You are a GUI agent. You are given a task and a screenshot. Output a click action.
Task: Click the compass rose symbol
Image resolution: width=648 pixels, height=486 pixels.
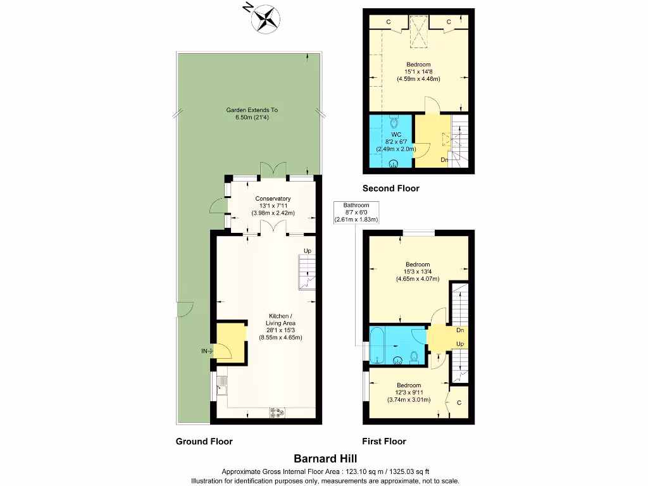266,17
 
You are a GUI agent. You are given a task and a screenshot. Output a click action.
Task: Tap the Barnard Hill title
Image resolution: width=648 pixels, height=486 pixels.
323,458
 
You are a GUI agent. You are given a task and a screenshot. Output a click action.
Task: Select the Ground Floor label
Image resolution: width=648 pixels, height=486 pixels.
204,442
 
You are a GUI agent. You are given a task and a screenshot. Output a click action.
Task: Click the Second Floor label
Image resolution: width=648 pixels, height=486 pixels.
390,188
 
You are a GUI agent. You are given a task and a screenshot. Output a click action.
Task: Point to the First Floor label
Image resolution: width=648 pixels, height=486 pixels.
383,442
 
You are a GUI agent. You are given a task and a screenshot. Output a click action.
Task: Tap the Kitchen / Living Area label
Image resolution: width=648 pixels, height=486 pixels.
280,320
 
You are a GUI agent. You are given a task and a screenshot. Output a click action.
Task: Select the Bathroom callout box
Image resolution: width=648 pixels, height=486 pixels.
356,212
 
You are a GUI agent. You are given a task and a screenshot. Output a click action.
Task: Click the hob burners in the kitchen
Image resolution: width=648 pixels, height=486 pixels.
277,413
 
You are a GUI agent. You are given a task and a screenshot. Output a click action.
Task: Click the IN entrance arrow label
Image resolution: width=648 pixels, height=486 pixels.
205,350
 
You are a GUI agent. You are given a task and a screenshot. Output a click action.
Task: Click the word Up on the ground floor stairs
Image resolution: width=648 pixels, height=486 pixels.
308,251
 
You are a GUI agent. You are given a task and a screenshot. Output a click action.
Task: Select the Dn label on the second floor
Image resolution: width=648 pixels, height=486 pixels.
445,159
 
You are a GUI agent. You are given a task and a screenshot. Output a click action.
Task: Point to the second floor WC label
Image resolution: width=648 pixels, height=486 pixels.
396,134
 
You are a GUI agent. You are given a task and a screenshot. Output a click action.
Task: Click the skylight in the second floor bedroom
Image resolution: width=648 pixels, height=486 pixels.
417,31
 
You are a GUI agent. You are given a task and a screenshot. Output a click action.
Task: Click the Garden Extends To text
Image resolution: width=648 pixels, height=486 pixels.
252,110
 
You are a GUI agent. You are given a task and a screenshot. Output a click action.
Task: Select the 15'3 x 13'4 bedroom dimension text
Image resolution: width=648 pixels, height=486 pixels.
418,271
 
